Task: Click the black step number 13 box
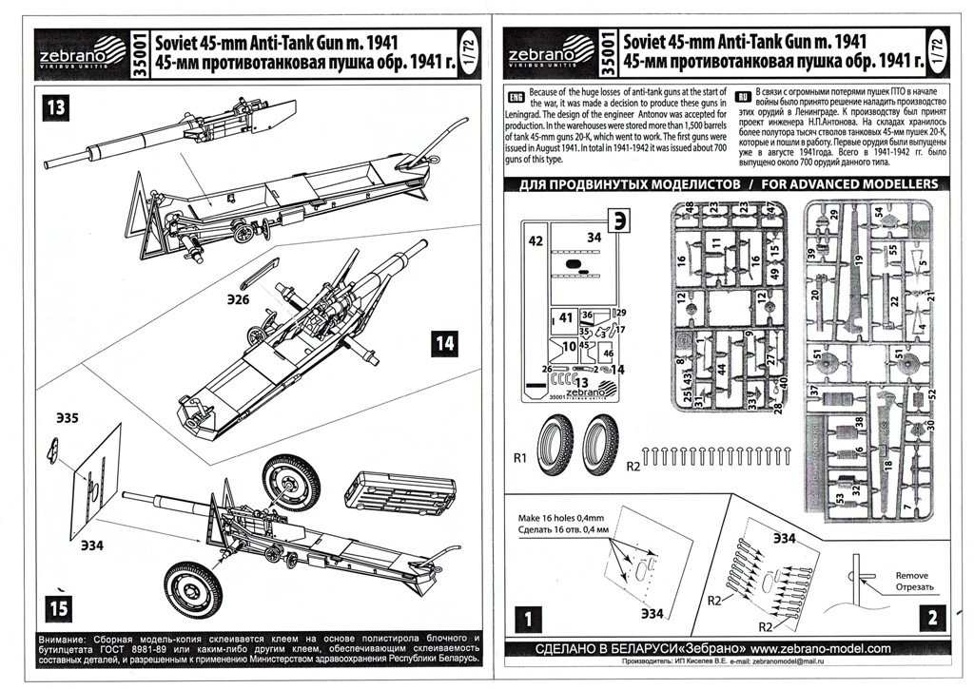(56, 107)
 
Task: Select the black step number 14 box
(444, 343)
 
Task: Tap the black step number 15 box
(56, 605)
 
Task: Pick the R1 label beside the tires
(520, 458)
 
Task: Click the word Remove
(910, 576)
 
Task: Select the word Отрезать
(912, 588)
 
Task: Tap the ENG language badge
(516, 99)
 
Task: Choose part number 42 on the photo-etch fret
(535, 241)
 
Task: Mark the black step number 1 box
(530, 619)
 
